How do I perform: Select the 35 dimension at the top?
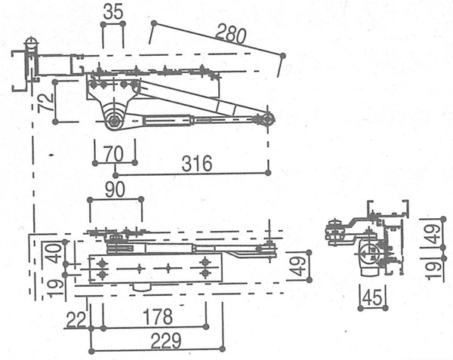pyautogui.click(x=113, y=12)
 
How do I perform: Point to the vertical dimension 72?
pyautogui.click(x=46, y=102)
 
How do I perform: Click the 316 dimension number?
pyautogui.click(x=197, y=163)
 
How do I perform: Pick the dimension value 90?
pyautogui.click(x=115, y=189)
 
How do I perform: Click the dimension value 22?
pyautogui.click(x=76, y=319)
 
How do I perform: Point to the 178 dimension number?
pyautogui.click(x=158, y=317)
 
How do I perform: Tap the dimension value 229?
pyautogui.click(x=166, y=340)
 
